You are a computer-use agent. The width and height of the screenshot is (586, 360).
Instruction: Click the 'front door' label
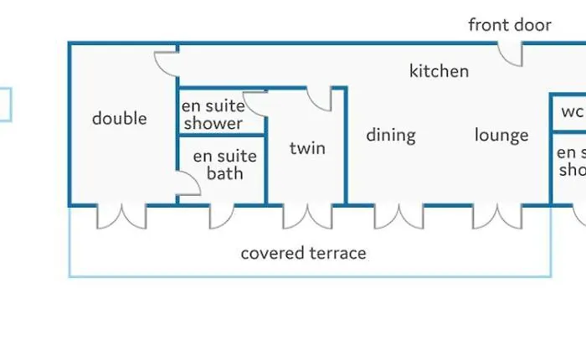coord(510,25)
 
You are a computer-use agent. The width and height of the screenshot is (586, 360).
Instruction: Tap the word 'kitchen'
coord(439,71)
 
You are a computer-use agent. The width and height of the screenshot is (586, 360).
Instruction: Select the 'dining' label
coord(391,136)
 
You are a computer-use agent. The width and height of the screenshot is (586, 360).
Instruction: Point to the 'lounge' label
coord(501,135)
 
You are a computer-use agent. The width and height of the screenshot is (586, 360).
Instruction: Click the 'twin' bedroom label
coord(307,148)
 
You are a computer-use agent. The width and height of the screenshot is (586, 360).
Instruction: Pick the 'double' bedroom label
coord(120,119)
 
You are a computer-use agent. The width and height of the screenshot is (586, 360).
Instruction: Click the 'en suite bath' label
coord(225,165)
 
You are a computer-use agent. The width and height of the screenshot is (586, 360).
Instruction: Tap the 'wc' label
coord(572,111)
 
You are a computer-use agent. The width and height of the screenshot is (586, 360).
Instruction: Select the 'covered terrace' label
coord(303,253)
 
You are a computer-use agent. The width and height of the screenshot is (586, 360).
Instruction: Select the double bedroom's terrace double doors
coord(122,217)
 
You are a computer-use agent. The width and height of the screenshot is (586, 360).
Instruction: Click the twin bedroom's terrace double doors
coord(307,217)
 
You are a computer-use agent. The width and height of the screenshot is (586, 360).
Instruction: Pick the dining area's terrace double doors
coord(399,217)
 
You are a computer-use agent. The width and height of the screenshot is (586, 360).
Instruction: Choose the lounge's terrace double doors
coord(497,217)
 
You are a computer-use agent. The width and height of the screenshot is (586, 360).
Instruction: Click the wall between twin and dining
coord(346,147)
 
